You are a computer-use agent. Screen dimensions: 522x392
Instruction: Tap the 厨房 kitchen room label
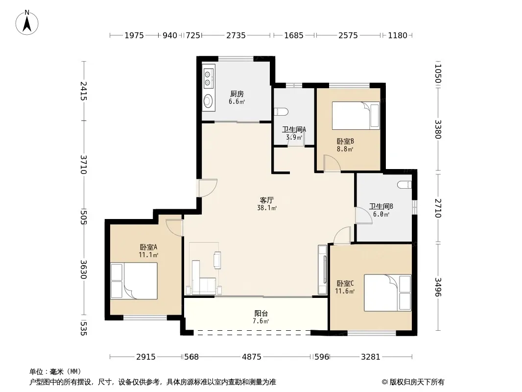click(237, 94)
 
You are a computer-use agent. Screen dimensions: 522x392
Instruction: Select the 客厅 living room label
click(267, 200)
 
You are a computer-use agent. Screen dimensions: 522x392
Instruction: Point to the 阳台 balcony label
click(261, 314)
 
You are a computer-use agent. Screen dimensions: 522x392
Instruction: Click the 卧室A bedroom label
click(148, 247)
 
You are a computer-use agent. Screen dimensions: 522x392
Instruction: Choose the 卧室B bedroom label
click(345, 142)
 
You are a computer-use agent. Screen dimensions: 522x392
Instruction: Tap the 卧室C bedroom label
click(345, 283)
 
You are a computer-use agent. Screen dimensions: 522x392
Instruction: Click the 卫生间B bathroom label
click(381, 206)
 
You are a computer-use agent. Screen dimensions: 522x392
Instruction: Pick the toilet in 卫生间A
click(280, 112)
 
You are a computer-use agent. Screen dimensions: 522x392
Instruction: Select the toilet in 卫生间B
click(404, 185)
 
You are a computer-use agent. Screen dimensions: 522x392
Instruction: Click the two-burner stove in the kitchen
click(209, 78)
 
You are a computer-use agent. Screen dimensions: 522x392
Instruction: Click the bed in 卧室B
click(356, 116)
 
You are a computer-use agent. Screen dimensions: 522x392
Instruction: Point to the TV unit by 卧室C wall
click(323, 270)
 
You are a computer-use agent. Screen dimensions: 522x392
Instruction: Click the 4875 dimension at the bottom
click(252, 357)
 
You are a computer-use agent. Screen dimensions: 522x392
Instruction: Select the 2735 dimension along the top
click(236, 35)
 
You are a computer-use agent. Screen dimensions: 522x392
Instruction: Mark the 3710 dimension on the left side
click(83, 165)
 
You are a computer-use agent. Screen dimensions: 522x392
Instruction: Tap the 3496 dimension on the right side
click(438, 287)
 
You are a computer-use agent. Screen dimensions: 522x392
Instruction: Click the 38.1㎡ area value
click(267, 208)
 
